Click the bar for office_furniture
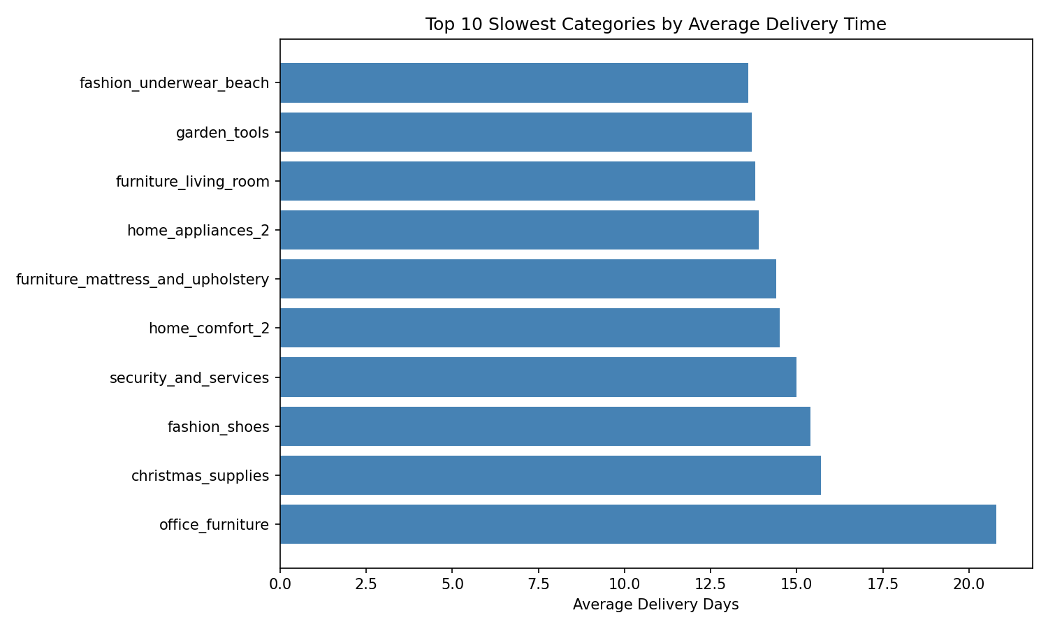click(x=638, y=524)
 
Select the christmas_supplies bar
click(x=551, y=475)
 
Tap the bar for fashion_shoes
click(x=545, y=426)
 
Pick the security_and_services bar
click(x=538, y=377)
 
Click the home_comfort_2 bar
click(x=530, y=328)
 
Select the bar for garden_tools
click(x=516, y=132)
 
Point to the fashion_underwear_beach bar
click(x=514, y=83)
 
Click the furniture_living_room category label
click(x=192, y=182)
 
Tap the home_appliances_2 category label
click(x=198, y=231)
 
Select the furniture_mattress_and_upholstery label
click(x=143, y=280)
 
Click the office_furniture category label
click(x=214, y=524)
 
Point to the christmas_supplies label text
click(x=200, y=476)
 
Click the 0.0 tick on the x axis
click(x=280, y=583)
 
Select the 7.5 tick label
click(x=538, y=583)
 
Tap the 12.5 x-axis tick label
click(x=710, y=583)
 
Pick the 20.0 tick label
click(x=968, y=583)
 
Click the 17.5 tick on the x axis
click(x=882, y=583)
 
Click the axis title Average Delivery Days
click(x=655, y=605)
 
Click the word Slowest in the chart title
click(x=517, y=24)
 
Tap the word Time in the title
click(x=867, y=24)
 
